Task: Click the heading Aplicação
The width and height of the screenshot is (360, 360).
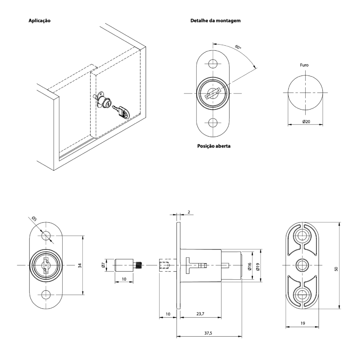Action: (39, 21)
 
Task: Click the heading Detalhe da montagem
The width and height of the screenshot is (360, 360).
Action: (215, 21)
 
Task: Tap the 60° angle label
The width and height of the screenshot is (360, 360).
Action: (238, 48)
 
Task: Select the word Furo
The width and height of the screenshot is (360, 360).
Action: (304, 66)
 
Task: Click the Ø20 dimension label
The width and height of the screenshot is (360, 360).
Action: (306, 122)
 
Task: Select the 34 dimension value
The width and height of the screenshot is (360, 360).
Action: (80, 265)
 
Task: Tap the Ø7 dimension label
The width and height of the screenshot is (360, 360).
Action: (103, 265)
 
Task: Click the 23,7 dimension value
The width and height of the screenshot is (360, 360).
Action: (201, 314)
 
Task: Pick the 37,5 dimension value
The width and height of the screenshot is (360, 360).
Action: (208, 333)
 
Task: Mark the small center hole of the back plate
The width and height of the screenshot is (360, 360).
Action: (302, 265)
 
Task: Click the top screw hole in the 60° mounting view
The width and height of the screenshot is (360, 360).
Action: (213, 64)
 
